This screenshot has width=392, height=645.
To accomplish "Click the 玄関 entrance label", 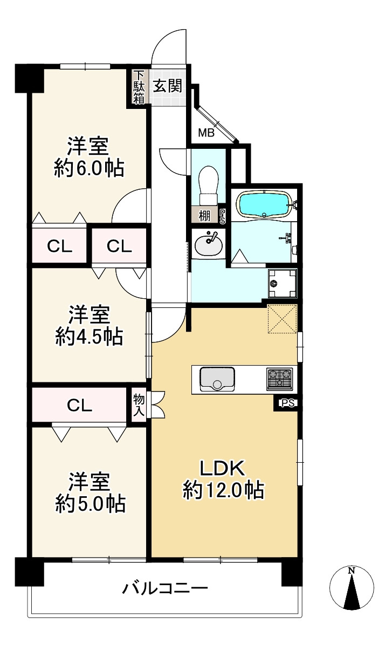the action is tap(167, 86).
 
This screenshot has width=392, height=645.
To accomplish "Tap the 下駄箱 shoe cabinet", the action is tap(139, 87).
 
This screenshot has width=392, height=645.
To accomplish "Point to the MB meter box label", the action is tap(207, 133).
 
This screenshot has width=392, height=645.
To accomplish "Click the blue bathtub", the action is tap(265, 204).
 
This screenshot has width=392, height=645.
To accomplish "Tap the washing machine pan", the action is tap(282, 283).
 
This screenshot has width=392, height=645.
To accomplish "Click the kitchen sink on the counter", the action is tap(217, 379).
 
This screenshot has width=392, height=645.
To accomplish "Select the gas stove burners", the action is tap(279, 379).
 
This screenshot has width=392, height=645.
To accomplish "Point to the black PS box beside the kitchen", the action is tap(287, 403).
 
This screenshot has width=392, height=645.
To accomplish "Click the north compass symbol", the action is tap(352, 587).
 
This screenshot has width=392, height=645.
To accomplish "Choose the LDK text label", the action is tap(222, 468).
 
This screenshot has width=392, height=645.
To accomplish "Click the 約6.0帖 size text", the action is tap(90, 168).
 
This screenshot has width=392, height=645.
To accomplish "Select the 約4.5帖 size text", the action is tap(90, 337).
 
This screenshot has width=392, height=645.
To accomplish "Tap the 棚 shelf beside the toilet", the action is tap(204, 215).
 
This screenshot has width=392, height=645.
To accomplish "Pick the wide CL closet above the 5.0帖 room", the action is tap(79, 405).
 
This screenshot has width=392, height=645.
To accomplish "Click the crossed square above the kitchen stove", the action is tap(282, 319).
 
